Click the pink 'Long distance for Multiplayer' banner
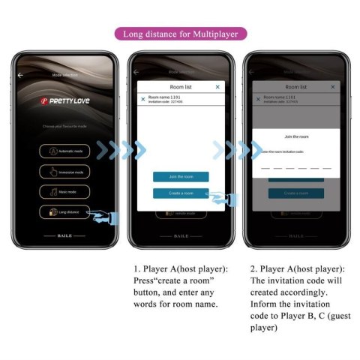point(181,34)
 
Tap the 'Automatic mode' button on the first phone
point(65,151)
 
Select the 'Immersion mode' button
point(65,171)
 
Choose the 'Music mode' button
point(65,191)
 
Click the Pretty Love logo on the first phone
point(65,100)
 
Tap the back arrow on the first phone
point(20,75)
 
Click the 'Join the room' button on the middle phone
point(181,177)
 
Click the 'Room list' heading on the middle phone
point(180,87)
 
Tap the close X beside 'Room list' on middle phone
point(217,87)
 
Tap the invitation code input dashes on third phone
point(295,168)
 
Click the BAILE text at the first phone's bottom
point(65,235)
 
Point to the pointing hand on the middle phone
point(223,198)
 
